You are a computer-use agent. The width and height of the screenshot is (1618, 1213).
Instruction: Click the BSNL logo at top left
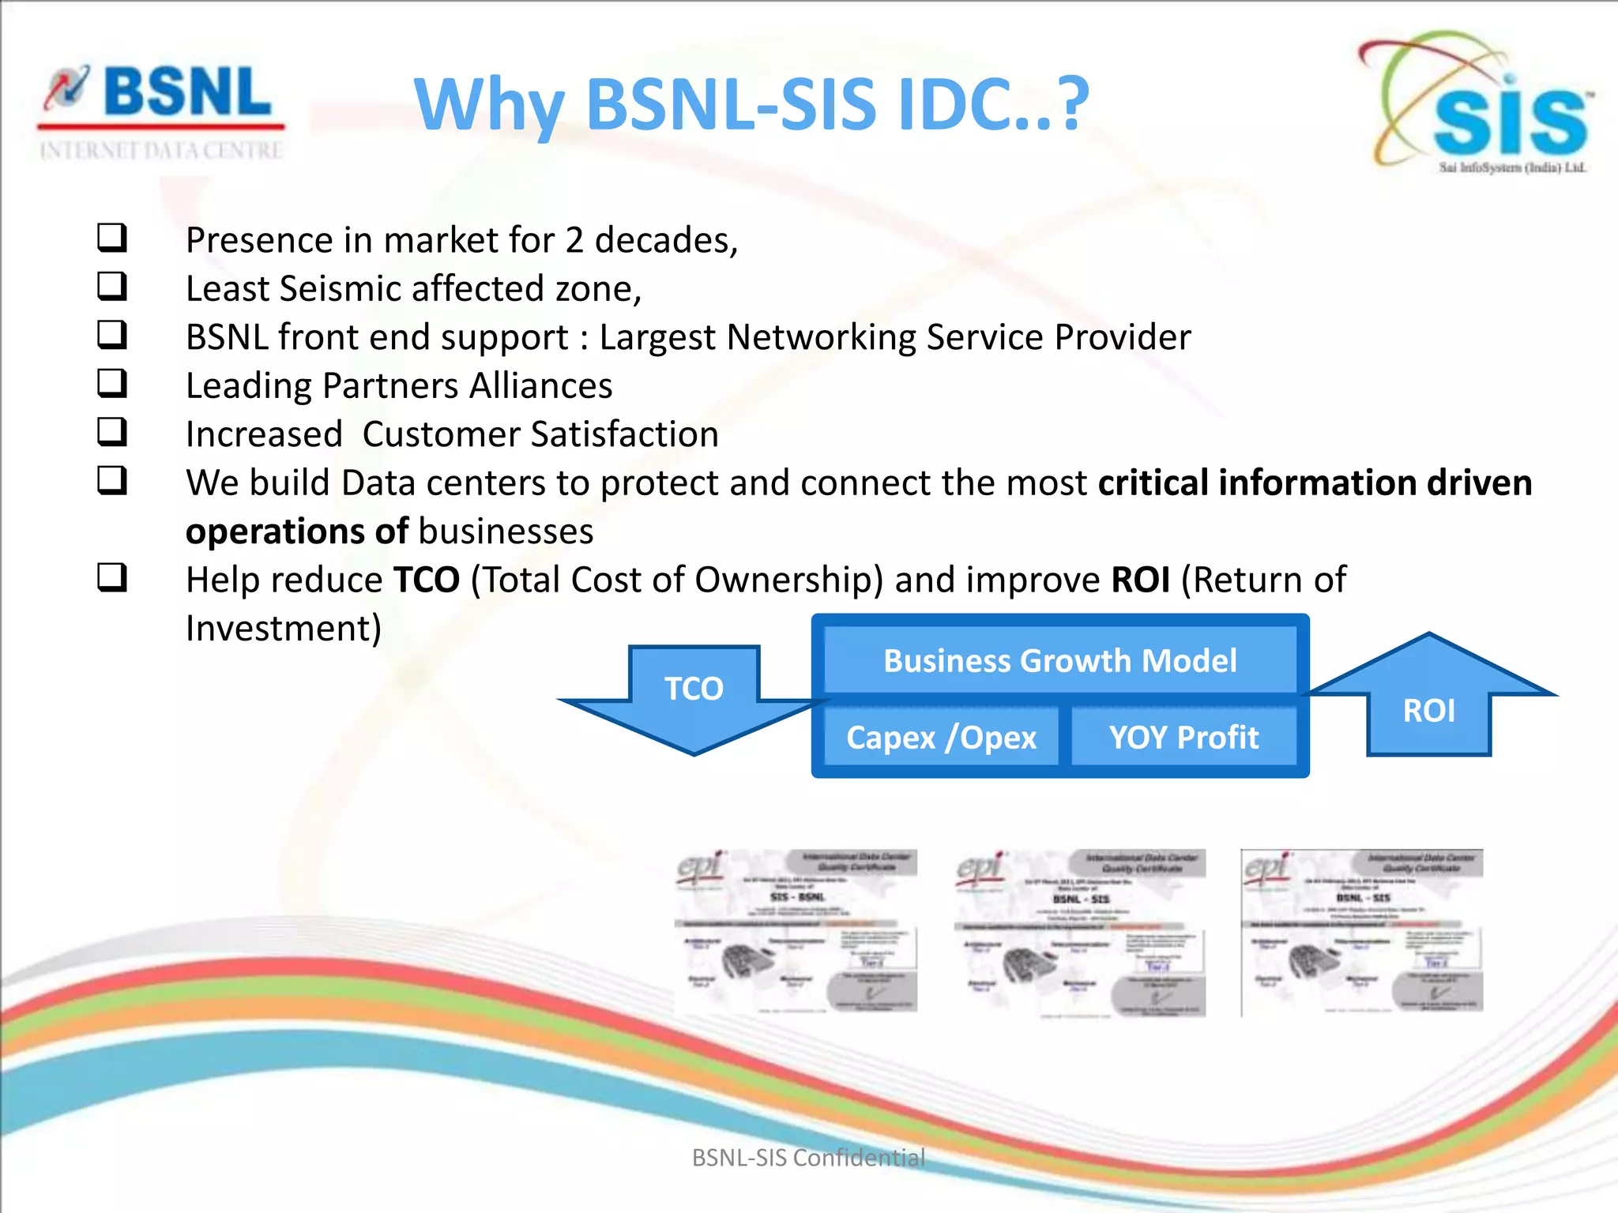pyautogui.click(x=162, y=111)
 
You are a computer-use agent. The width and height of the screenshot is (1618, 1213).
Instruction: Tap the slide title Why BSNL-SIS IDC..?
pyautogui.click(x=751, y=104)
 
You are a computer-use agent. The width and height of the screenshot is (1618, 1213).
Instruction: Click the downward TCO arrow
pyautogui.click(x=694, y=699)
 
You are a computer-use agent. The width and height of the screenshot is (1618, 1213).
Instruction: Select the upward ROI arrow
pyautogui.click(x=1429, y=699)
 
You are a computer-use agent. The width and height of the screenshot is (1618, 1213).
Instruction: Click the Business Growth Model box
pyautogui.click(x=1059, y=660)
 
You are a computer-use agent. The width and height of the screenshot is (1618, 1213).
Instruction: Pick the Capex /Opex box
pyautogui.click(x=941, y=737)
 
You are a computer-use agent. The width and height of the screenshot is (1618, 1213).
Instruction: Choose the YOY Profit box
pyautogui.click(x=1183, y=737)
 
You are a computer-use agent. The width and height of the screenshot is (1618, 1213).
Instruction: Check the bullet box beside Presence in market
pyautogui.click(x=111, y=237)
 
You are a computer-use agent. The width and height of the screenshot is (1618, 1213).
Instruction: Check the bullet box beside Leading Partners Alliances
pyautogui.click(x=111, y=383)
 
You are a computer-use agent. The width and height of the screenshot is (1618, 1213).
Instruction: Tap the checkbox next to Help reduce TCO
pyautogui.click(x=111, y=577)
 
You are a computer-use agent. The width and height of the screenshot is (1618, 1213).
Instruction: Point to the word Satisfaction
pyautogui.click(x=624, y=434)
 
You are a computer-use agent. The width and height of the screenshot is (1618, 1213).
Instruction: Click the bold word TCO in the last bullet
pyautogui.click(x=427, y=580)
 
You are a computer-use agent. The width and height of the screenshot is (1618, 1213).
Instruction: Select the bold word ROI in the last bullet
pyautogui.click(x=1140, y=580)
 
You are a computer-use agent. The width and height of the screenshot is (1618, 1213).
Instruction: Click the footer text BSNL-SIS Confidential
pyautogui.click(x=808, y=1157)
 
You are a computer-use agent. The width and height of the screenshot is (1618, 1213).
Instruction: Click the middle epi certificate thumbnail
pyautogui.click(x=1079, y=932)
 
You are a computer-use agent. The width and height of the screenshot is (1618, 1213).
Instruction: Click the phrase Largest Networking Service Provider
pyautogui.click(x=894, y=337)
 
